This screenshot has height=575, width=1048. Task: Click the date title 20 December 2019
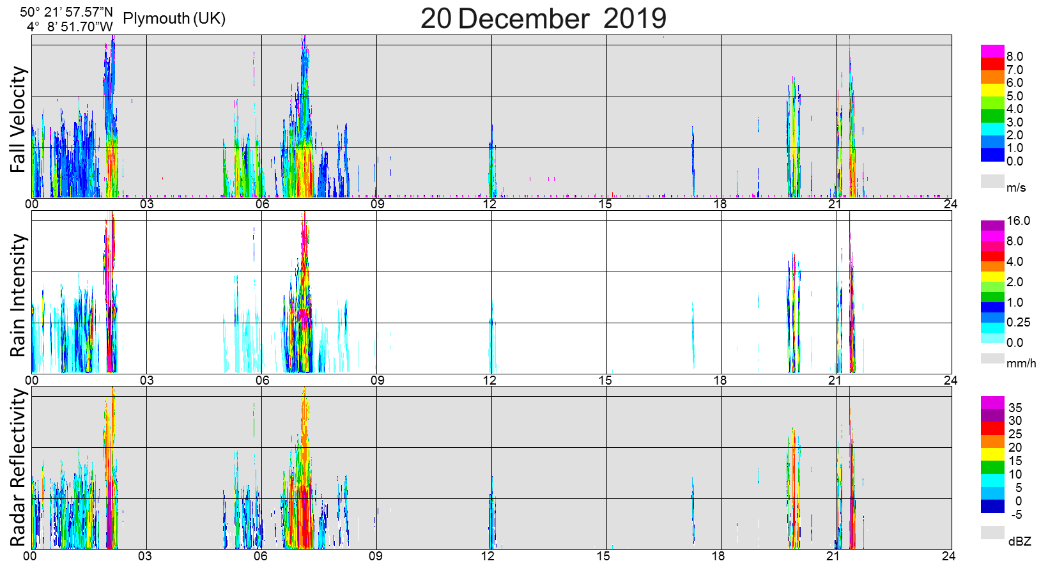pos(543,18)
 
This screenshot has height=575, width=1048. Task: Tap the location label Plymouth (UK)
pos(174,19)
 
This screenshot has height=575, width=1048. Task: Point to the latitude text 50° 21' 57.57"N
pos(66,12)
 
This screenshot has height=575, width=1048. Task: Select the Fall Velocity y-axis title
pos(19,119)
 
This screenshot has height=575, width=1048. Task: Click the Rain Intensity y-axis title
pos(19,295)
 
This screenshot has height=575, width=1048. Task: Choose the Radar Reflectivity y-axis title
pos(19,468)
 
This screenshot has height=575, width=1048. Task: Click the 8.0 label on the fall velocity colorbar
pos(1015,57)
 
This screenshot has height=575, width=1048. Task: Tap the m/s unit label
pos(1016,188)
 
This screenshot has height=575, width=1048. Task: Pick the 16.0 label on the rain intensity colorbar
pos(1019,221)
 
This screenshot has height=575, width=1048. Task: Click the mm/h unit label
pos(1021,364)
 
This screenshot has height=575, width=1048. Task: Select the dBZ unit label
pos(1020,542)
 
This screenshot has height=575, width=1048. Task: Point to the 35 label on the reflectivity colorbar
pos(1015,408)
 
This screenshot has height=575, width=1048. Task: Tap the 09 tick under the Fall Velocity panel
pos(377,204)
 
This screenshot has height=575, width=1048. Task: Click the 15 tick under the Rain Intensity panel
pos(605,380)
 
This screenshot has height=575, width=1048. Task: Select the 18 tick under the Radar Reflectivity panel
pos(718,556)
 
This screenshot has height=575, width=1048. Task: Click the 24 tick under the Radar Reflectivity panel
pos(948,556)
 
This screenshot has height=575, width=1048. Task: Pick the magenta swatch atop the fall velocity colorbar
pos(992,50)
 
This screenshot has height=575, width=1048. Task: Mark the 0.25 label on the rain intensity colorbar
pos(1019,323)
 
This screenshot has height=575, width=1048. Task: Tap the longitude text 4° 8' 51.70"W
pos(70,27)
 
